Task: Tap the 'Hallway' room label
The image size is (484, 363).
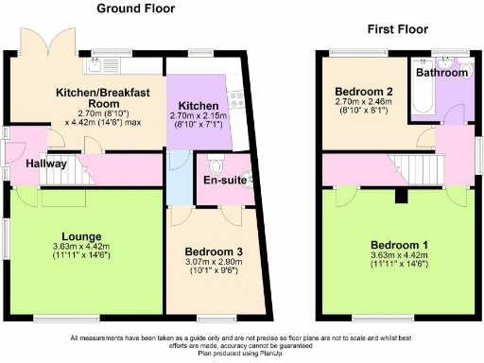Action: point(45,163)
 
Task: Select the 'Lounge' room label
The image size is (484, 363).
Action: point(81,236)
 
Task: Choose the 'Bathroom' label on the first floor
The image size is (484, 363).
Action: point(444,73)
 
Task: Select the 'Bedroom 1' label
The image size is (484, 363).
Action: point(399,244)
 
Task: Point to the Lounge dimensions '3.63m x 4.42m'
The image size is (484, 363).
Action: point(81,247)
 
